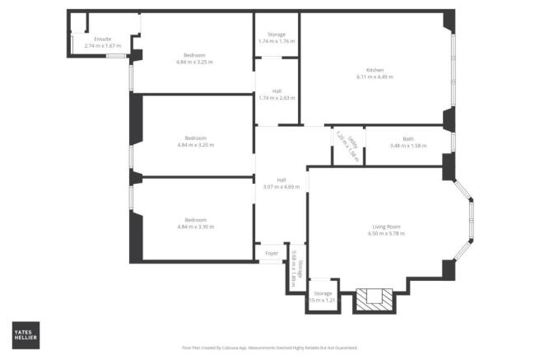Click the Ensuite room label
[102, 40]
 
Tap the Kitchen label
[375, 70]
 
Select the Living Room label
[385, 227]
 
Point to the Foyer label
[272, 254]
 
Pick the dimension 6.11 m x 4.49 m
[375, 77]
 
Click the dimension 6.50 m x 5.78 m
[385, 233]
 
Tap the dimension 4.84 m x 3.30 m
[195, 227]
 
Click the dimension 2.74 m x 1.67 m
[102, 46]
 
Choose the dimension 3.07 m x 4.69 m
[281, 187]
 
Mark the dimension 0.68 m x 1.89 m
[293, 268]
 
